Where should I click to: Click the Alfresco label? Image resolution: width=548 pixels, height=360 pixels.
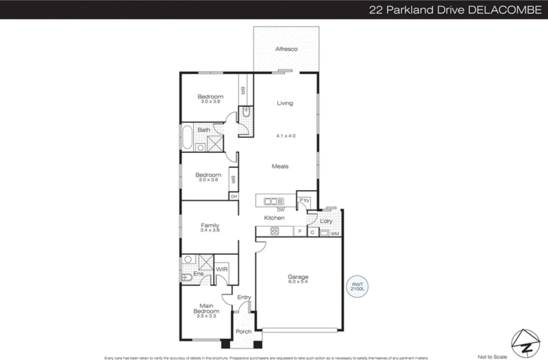pyautogui.click(x=286, y=49)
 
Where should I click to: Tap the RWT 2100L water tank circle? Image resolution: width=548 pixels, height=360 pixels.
pyautogui.click(x=357, y=286)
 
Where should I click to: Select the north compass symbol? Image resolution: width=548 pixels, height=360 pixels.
pyautogui.click(x=526, y=344)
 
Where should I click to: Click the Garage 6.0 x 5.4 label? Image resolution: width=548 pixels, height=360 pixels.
pyautogui.click(x=298, y=279)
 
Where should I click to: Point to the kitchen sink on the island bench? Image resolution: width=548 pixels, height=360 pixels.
pyautogui.click(x=274, y=202)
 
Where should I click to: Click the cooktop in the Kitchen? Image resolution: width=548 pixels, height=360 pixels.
pyautogui.click(x=275, y=231)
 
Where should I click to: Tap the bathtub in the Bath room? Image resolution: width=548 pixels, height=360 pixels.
pyautogui.click(x=187, y=137)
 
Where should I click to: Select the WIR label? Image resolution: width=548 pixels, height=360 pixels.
pyautogui.click(x=222, y=269)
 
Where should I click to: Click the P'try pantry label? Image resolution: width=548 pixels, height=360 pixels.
pyautogui.click(x=304, y=200)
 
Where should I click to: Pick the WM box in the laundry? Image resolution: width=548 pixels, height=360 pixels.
pyautogui.click(x=335, y=233)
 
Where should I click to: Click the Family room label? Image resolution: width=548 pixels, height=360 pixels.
pyautogui.click(x=210, y=227)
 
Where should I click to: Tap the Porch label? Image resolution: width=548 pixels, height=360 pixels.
pyautogui.click(x=244, y=331)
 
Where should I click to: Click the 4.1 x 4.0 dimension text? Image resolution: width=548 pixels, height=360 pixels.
pyautogui.click(x=286, y=136)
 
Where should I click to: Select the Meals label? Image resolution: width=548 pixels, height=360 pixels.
pyautogui.click(x=280, y=166)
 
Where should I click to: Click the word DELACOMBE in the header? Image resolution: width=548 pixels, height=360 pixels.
pyautogui.click(x=505, y=10)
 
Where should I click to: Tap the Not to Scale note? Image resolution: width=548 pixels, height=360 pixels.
pyautogui.click(x=492, y=357)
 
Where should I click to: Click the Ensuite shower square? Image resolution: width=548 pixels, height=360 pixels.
pyautogui.click(x=206, y=263)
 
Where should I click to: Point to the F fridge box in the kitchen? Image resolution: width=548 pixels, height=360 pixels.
pyautogui.click(x=300, y=231)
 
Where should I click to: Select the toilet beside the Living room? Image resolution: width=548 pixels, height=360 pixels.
pyautogui.click(x=246, y=112)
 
